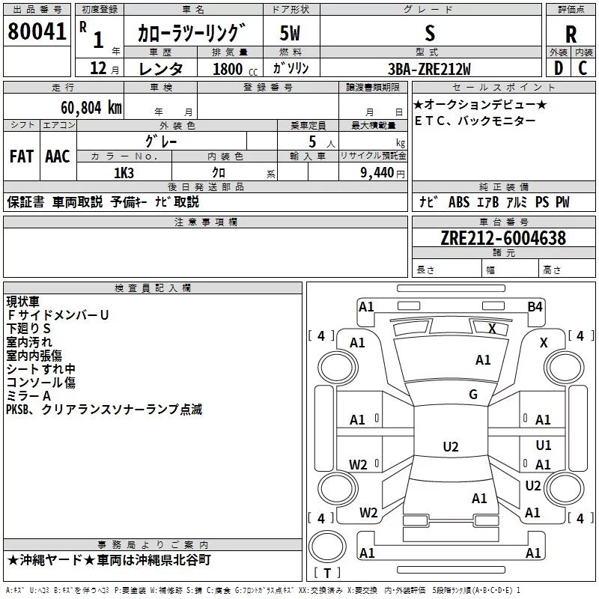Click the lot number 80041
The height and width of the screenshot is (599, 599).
(37, 31)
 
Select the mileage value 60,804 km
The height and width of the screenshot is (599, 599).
(91, 108)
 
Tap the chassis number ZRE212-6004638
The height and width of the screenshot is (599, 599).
(503, 238)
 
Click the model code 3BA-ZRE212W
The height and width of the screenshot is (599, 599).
(429, 69)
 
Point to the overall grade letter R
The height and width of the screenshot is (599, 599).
(571, 34)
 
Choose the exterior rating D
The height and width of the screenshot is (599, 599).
(559, 68)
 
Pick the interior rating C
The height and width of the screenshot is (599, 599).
(583, 68)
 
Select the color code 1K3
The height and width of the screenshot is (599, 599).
(124, 173)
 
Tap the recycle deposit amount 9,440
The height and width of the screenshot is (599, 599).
(377, 173)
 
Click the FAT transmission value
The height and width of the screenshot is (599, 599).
(22, 156)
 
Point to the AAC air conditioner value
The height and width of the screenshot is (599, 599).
(58, 156)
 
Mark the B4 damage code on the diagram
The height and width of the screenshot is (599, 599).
(535, 307)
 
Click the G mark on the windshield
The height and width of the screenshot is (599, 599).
(473, 394)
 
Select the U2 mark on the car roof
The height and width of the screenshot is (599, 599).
(451, 446)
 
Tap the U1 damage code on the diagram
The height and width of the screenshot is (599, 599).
(544, 445)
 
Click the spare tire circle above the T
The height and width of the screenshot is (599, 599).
(327, 547)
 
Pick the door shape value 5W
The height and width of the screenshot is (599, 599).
(290, 33)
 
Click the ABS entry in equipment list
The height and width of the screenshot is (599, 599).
(459, 201)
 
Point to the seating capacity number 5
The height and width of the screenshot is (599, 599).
(312, 142)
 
